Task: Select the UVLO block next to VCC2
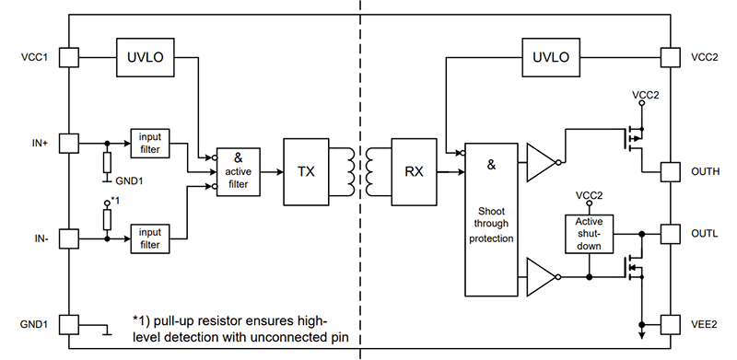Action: (551, 57)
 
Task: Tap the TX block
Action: (306, 170)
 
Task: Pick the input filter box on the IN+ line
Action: (150, 143)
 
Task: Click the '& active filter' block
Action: (239, 171)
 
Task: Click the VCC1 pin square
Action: (68, 57)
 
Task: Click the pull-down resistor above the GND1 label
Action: (108, 163)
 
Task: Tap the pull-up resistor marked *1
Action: (108, 218)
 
